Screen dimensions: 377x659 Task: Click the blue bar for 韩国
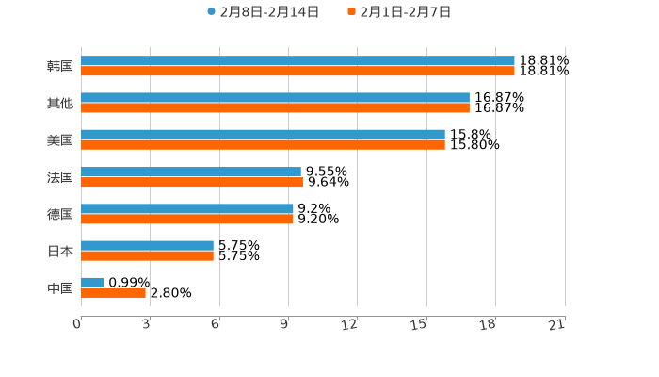[297, 61]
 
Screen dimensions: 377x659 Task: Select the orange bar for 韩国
[297, 71]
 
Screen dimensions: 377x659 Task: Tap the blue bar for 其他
[275, 98]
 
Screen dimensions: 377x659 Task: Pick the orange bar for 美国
[263, 144]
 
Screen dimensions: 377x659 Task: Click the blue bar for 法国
[191, 172]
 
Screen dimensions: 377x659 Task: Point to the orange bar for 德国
[187, 219]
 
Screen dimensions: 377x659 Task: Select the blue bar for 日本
[147, 246]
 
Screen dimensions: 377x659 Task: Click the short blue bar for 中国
[92, 283]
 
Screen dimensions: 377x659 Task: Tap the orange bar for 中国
[113, 292]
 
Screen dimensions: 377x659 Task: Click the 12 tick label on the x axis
[350, 325]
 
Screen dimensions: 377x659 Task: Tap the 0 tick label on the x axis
[78, 325]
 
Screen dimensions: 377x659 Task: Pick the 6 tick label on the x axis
[216, 325]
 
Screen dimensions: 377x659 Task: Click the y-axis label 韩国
[60, 66]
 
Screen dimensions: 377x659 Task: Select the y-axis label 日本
[60, 251]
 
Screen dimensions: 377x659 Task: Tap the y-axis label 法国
[60, 177]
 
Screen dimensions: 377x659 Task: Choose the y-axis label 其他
[60, 103]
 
